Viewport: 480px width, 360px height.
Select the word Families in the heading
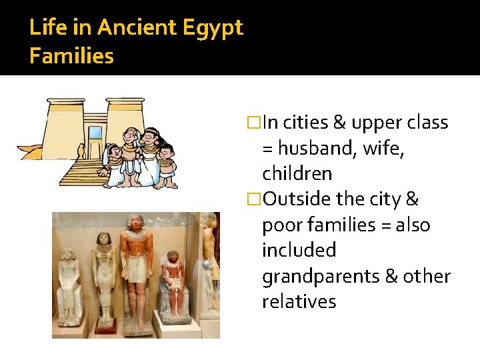(72, 56)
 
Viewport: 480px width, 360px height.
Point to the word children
(297, 173)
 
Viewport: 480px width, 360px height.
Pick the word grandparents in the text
(325, 276)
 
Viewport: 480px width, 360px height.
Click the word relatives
(299, 301)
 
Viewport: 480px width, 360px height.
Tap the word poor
(282, 225)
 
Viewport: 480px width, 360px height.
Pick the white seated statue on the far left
(69, 283)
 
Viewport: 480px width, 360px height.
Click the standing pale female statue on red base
(103, 273)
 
